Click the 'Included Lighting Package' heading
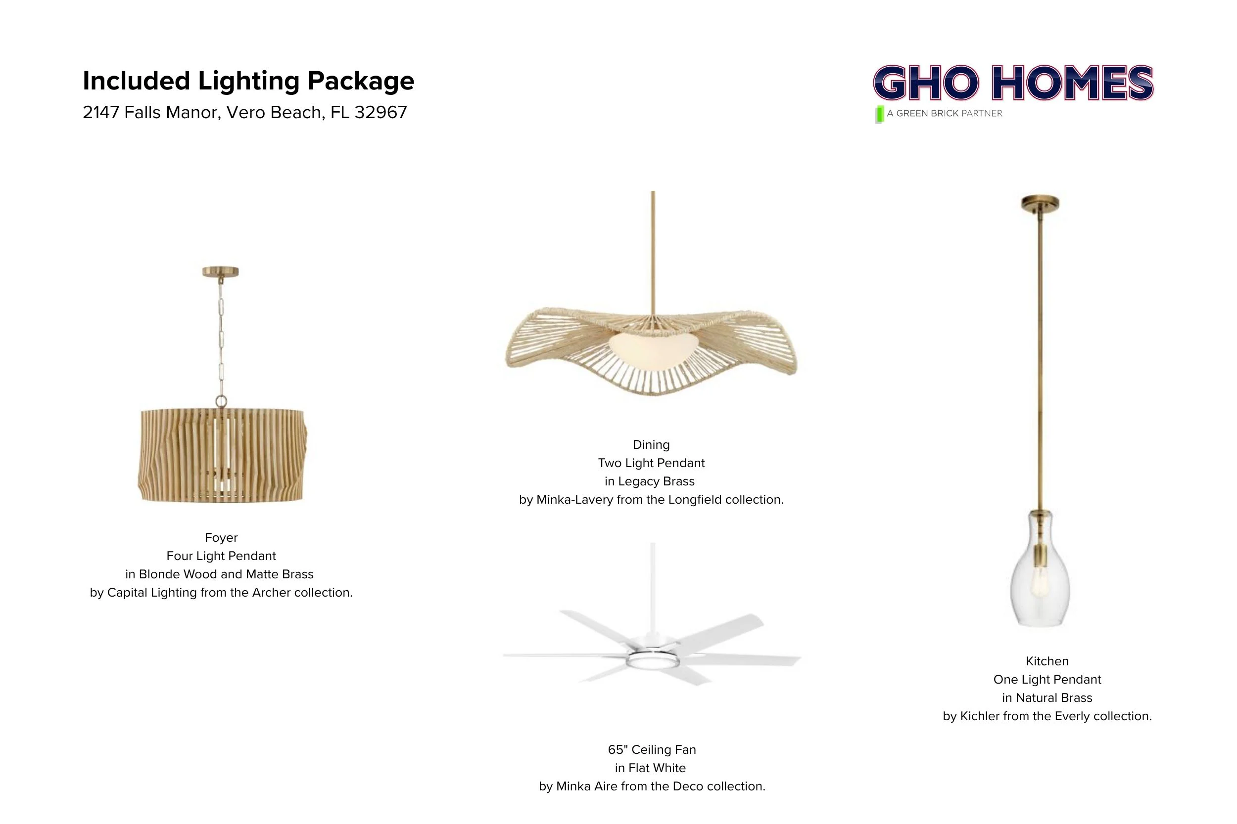click(x=248, y=81)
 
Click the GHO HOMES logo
click(x=1013, y=83)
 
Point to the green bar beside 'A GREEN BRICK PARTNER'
click(x=879, y=114)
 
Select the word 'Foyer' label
click(x=221, y=538)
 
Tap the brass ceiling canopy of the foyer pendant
click(x=220, y=272)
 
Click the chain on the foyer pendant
click(x=221, y=336)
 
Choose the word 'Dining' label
click(x=651, y=444)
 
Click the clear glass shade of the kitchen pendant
click(x=1040, y=578)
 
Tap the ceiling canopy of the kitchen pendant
click(x=1040, y=203)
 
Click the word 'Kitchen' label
click(x=1047, y=661)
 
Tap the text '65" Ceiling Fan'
click(x=652, y=749)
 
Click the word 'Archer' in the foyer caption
click(x=271, y=593)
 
